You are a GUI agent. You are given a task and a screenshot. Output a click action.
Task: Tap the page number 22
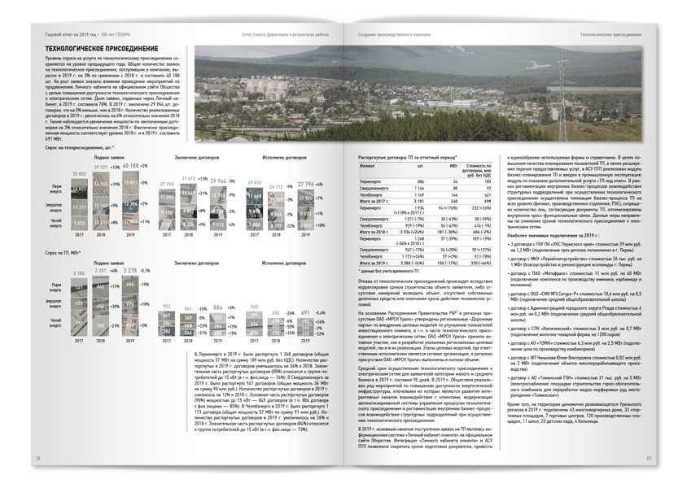(37, 459)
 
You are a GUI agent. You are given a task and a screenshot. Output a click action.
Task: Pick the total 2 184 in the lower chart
(79, 272)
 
